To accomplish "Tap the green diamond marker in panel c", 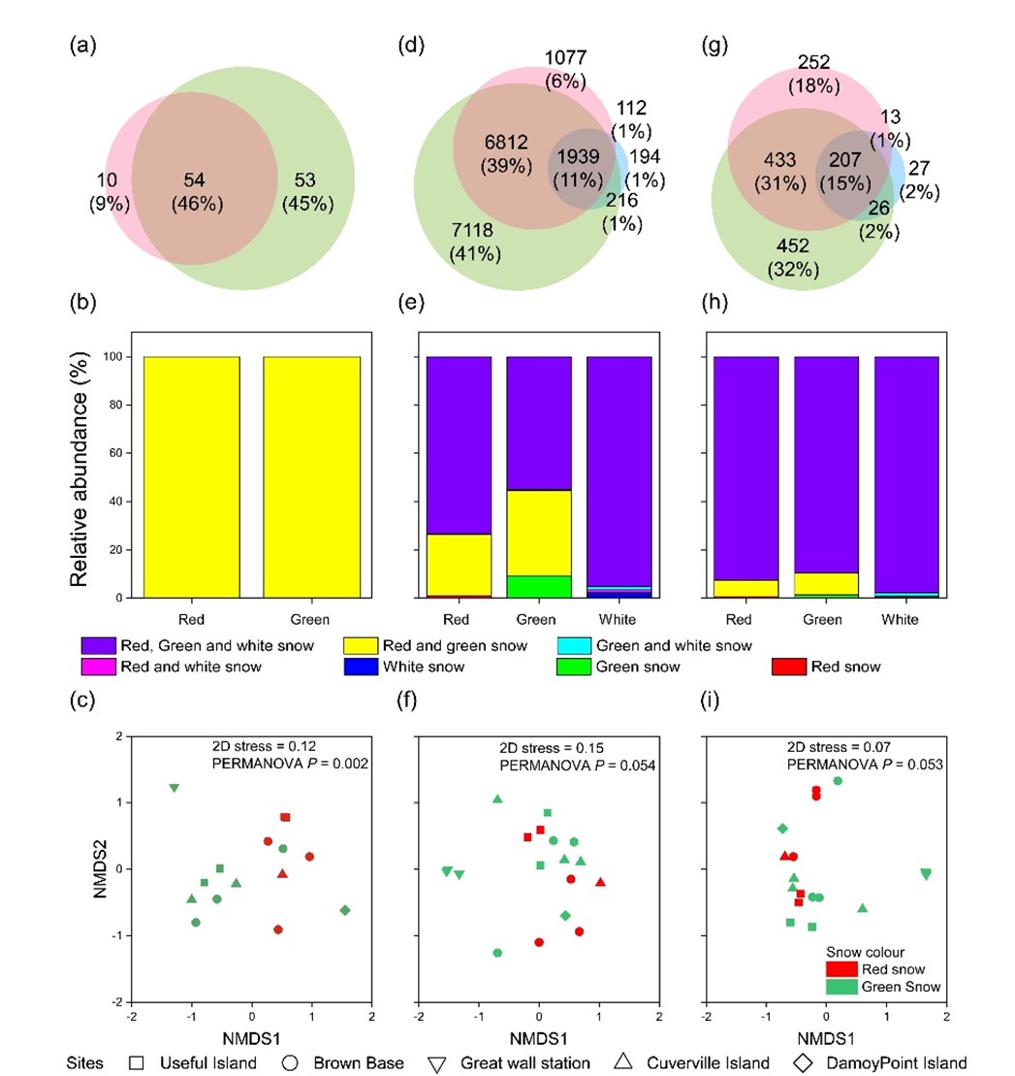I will coord(345,909).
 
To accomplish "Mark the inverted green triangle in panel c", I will coord(174,788).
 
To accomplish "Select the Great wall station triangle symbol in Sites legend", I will coord(441,1061).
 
